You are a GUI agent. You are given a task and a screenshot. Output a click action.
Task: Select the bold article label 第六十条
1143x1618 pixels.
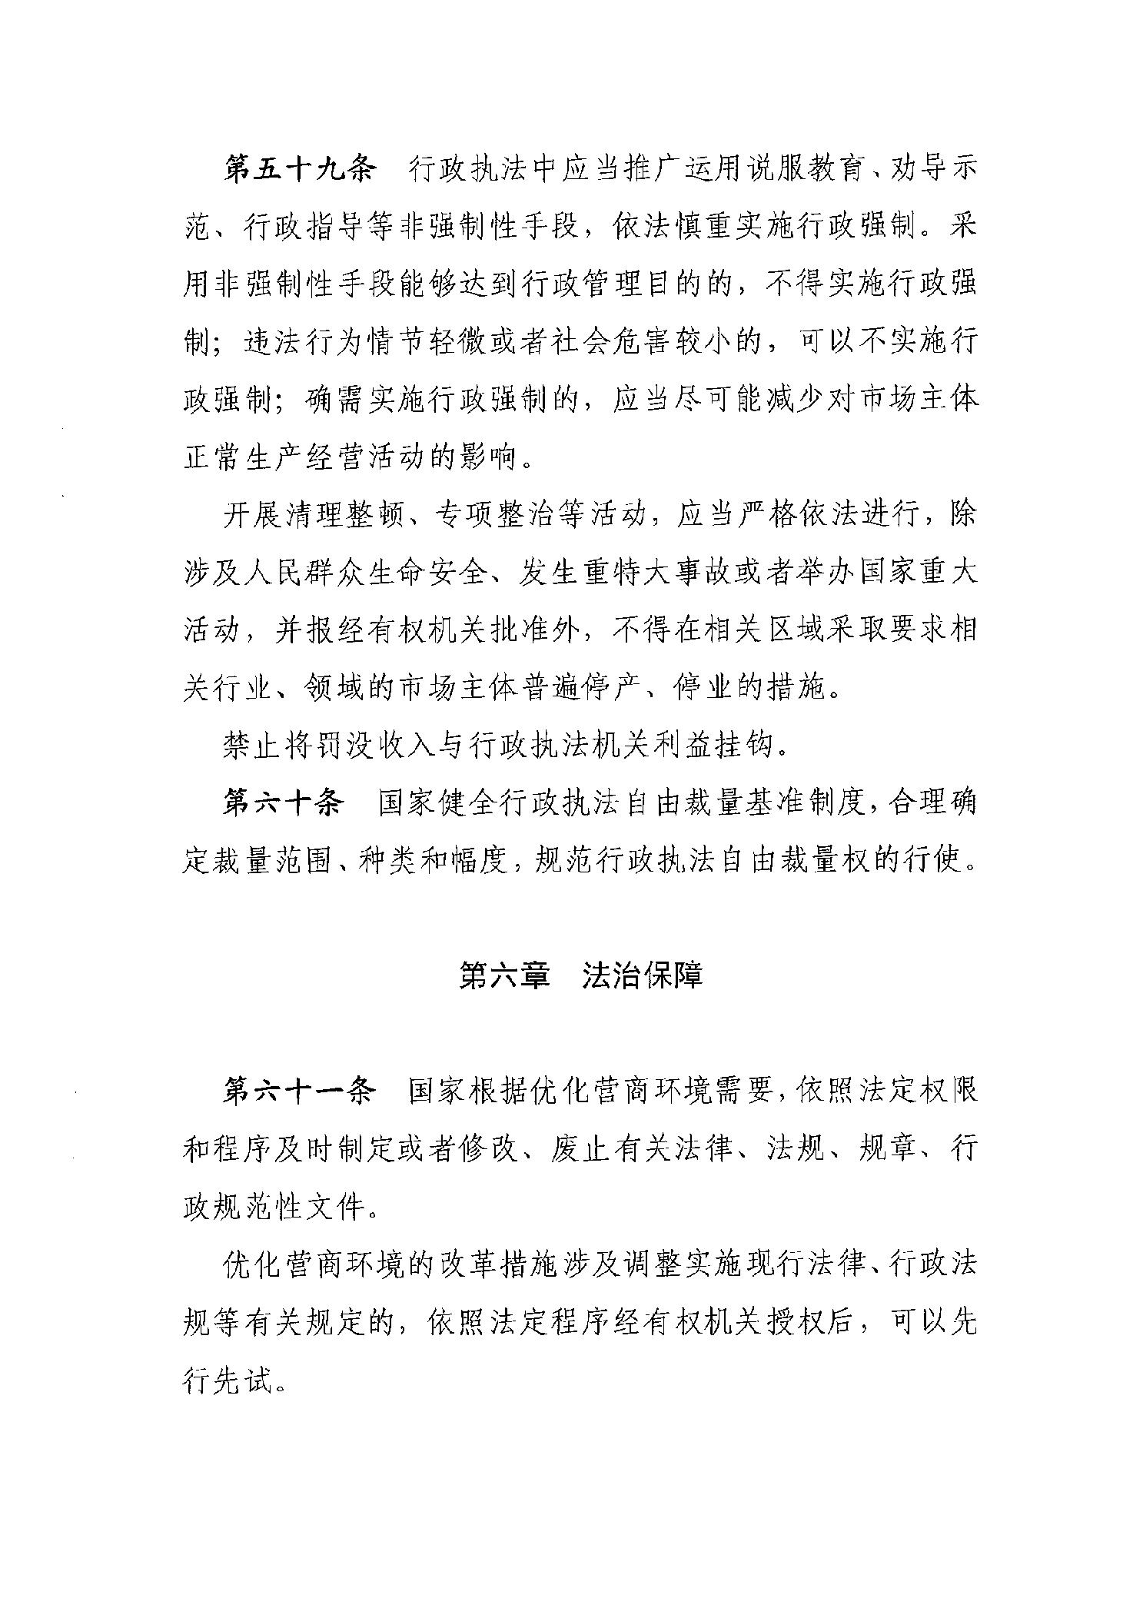(282, 803)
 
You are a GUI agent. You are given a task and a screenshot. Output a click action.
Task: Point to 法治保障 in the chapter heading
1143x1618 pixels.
(643, 975)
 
